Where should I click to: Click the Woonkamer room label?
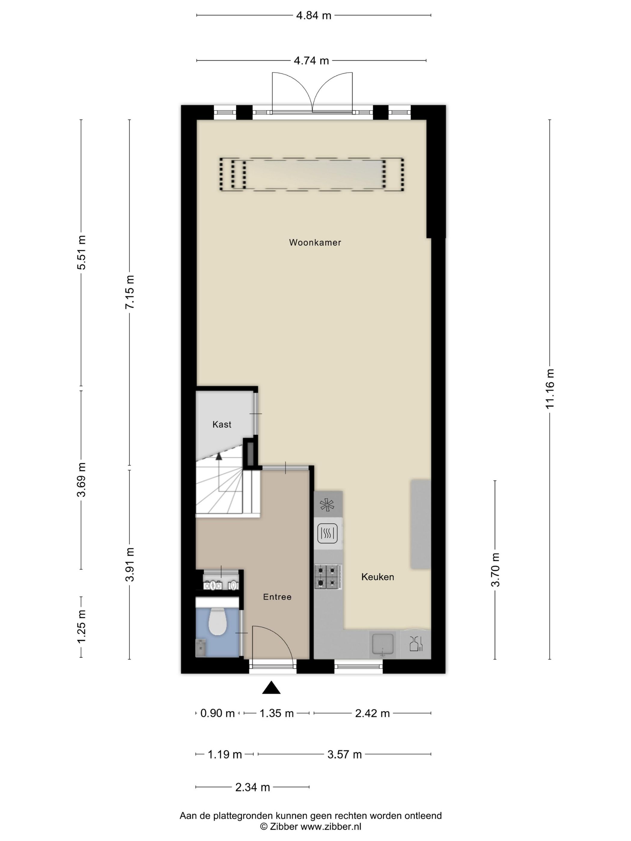(315, 242)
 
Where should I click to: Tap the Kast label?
(222, 424)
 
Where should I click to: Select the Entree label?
(277, 597)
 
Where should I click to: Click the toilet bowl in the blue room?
(218, 621)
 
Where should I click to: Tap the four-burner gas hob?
(328, 576)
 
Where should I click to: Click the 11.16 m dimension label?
(550, 389)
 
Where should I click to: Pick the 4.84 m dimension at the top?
(314, 16)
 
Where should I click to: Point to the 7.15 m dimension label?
(130, 292)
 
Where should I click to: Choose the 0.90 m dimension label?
(218, 713)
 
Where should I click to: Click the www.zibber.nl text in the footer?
(331, 827)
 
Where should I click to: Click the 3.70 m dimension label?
(495, 570)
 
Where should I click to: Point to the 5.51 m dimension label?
(81, 253)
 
